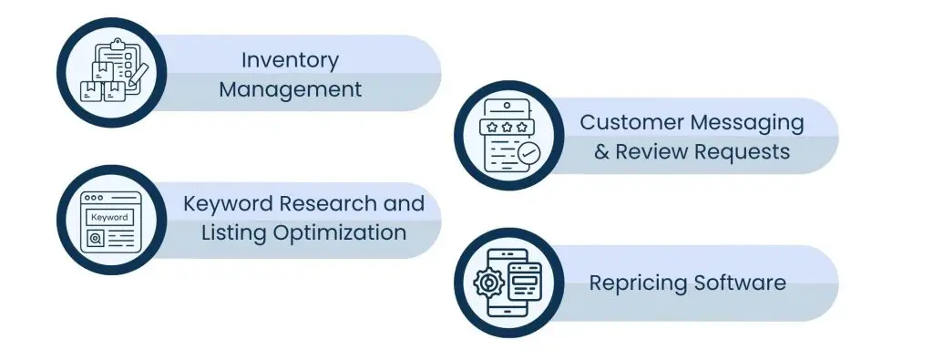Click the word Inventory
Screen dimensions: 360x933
(x=290, y=61)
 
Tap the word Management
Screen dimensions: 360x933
(x=290, y=89)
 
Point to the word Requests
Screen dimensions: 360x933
(x=742, y=151)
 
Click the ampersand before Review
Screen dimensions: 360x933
(x=601, y=151)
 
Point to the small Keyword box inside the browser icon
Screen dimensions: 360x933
(x=108, y=218)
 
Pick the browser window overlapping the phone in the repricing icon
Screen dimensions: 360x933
(x=525, y=276)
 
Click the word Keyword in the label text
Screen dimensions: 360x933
(x=223, y=202)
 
